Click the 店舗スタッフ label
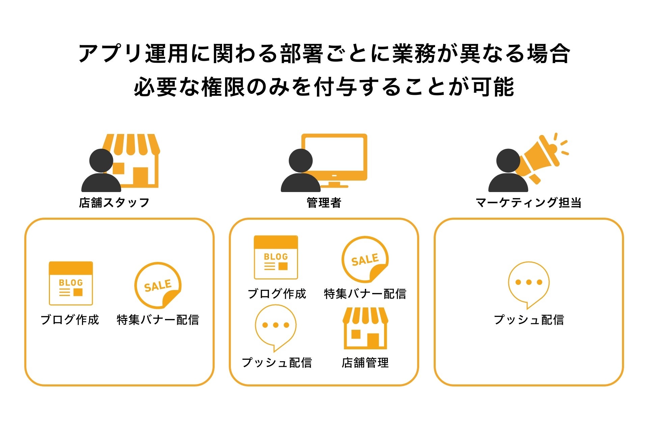point(114,202)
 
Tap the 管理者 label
point(324,202)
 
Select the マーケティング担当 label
point(529,202)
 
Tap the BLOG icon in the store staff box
point(71,283)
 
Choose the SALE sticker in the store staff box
point(158,285)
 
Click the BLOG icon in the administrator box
point(276,258)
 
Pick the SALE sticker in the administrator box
point(365,259)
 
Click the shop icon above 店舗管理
point(365,328)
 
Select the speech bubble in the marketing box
point(529,284)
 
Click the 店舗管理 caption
point(365,363)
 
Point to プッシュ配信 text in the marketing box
point(529,320)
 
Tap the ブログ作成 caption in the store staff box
point(70,320)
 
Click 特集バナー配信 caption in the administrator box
point(365,294)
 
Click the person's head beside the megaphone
point(508,161)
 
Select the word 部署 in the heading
point(301,54)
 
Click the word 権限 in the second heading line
point(223,87)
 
